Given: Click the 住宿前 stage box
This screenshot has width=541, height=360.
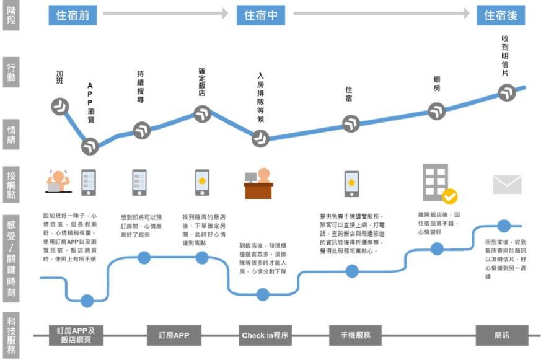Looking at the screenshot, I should pyautogui.click(x=73, y=15).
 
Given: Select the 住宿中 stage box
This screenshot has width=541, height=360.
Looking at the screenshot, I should pyautogui.click(x=260, y=15).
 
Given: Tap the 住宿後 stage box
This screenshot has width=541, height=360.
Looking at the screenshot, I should pyautogui.click(x=501, y=15).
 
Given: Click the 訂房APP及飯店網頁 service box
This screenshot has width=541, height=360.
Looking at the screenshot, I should pyautogui.click(x=76, y=335).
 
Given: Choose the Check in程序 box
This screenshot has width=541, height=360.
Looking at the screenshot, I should pyautogui.click(x=265, y=335).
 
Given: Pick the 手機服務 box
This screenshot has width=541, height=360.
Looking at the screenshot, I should pyautogui.click(x=355, y=335).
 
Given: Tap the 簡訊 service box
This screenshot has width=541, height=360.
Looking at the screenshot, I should pyautogui.click(x=501, y=335).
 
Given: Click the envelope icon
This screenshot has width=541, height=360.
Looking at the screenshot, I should pyautogui.click(x=507, y=185).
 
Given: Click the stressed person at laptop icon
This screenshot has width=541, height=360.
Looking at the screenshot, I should pyautogui.click(x=59, y=180).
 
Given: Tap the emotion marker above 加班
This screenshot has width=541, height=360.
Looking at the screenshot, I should pyautogui.click(x=60, y=107).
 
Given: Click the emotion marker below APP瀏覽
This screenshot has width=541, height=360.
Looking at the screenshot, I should pyautogui.click(x=90, y=147).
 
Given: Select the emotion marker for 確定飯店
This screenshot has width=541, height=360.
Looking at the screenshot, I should pyautogui.click(x=203, y=113).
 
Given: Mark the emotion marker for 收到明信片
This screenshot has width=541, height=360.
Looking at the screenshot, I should pyautogui.click(x=507, y=93).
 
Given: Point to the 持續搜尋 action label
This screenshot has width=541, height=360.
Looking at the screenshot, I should pyautogui.click(x=140, y=87).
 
